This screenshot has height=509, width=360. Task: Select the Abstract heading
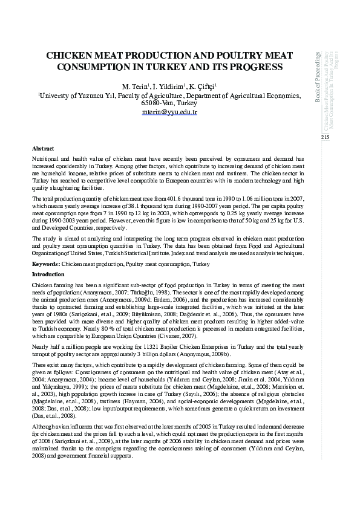[x=43, y=149]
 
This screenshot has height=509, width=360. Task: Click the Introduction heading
[x=48, y=274]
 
